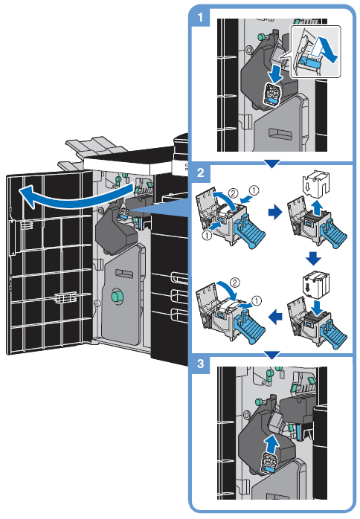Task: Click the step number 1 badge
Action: pos(200,17)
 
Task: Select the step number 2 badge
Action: pos(200,173)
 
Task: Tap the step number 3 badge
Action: pos(200,364)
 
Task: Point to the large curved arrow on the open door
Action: pos(76,199)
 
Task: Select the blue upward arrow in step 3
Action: pos(272,444)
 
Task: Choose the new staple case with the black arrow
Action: pos(316,283)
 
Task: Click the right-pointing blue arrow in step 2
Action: pos(275,213)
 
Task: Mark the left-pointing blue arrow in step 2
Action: pos(275,317)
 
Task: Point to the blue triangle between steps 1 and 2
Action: pos(272,164)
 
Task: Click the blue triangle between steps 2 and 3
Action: pos(272,355)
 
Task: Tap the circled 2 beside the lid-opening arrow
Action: pos(233,193)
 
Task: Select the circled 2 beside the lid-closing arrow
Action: pos(234,283)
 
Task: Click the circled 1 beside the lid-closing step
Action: pos(257,301)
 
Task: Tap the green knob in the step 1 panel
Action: pos(261,36)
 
